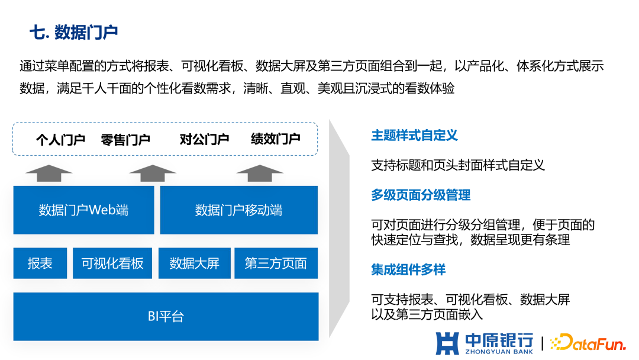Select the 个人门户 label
click(60, 140)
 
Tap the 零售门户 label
click(125, 140)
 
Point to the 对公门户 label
click(204, 140)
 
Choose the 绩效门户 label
click(276, 140)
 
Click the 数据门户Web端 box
click(83, 210)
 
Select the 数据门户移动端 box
click(238, 210)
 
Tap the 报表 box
click(40, 263)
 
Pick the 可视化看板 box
click(112, 263)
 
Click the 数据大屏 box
click(194, 263)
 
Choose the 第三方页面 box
click(276, 263)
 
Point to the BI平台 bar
click(166, 316)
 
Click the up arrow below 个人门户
click(49, 173)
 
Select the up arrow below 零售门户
click(153, 173)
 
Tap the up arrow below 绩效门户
click(260, 173)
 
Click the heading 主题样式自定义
click(414, 136)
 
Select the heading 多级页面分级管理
click(421, 195)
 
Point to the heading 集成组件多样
click(408, 270)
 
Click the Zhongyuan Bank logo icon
click(447, 343)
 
